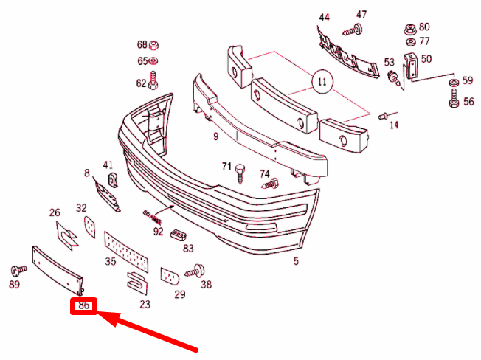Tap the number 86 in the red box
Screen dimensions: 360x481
point(83,305)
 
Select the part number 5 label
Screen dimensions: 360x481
point(296,260)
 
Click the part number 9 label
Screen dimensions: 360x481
point(215,136)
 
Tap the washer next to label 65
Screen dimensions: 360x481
point(155,60)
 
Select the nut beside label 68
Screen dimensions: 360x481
point(155,46)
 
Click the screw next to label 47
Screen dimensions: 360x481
point(356,30)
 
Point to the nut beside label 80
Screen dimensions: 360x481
point(408,30)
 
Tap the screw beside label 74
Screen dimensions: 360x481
point(271,182)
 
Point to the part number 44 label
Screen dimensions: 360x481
point(325,17)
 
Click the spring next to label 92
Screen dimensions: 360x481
point(153,215)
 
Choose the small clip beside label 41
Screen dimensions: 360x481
point(114,179)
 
